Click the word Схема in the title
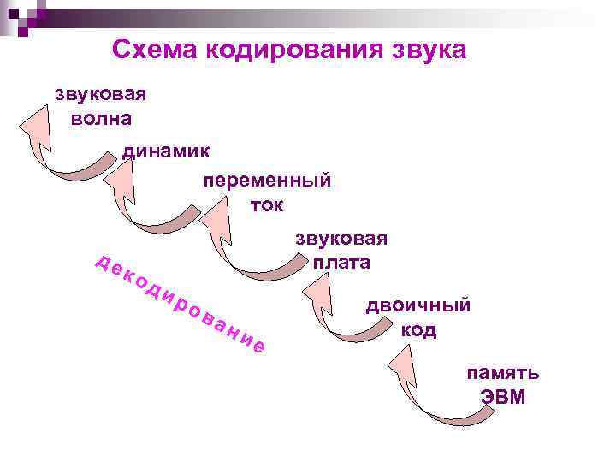pyautogui.click(x=155, y=50)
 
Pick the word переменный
pyautogui.click(x=267, y=181)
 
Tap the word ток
pyautogui.click(x=267, y=206)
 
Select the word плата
pyautogui.click(x=341, y=263)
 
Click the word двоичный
pyautogui.click(x=418, y=305)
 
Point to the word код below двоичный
pyautogui.click(x=418, y=330)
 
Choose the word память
pyautogui.click(x=503, y=373)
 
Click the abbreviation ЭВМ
pyautogui.click(x=503, y=399)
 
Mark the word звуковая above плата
pyautogui.click(x=341, y=238)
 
